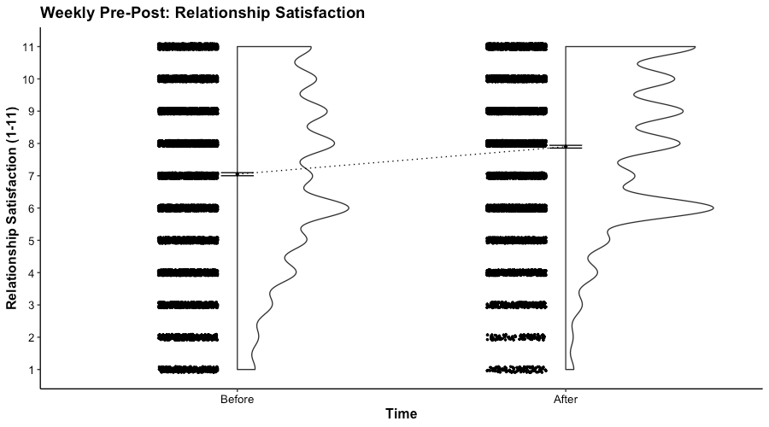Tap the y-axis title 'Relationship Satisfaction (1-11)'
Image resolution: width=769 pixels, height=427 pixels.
[x=13, y=208]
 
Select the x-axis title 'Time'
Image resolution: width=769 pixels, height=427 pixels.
[x=401, y=414]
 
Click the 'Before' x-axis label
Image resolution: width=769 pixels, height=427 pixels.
[x=237, y=399]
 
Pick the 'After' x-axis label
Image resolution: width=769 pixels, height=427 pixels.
[x=565, y=399]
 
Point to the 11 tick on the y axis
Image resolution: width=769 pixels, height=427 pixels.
[x=28, y=46]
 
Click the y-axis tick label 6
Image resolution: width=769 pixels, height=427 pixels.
[x=31, y=208]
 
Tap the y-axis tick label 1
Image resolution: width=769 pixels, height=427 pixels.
[x=31, y=370]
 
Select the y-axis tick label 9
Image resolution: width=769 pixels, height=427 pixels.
[x=31, y=111]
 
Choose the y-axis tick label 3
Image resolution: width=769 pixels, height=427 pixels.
[x=31, y=305]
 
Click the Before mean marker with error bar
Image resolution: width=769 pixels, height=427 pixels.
[x=237, y=174]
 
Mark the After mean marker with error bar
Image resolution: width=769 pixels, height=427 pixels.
[x=565, y=147]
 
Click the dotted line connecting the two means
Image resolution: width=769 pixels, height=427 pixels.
[x=402, y=161]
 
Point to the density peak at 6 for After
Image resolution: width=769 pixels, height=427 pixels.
[x=711, y=208]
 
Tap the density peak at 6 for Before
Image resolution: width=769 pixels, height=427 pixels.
[x=347, y=208]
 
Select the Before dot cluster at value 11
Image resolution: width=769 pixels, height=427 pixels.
[x=188, y=46]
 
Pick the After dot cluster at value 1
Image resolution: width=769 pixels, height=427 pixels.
[x=516, y=370]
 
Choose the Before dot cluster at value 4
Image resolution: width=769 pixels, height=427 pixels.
[x=188, y=272]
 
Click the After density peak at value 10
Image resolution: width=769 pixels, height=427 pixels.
[x=672, y=79]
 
